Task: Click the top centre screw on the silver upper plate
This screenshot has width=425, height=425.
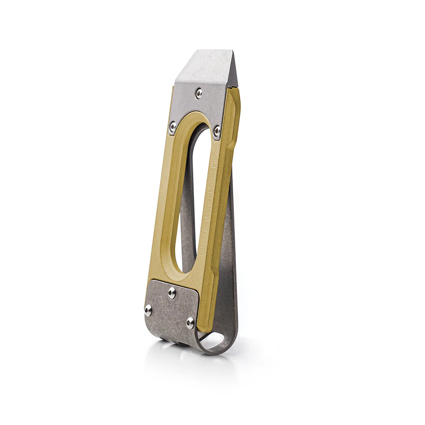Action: point(199,93)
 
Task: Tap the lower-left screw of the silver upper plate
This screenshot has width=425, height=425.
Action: point(173,126)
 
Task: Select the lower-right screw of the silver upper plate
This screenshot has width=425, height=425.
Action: point(217,132)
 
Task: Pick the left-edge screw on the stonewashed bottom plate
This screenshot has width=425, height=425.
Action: point(148,310)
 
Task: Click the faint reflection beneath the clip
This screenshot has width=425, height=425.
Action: point(187,361)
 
